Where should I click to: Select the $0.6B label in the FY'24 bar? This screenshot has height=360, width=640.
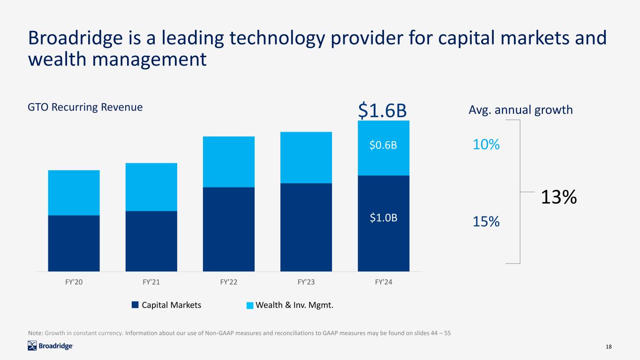(383, 145)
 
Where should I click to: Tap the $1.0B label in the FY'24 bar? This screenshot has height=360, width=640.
(383, 218)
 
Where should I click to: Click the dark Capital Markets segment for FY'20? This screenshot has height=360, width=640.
(74, 243)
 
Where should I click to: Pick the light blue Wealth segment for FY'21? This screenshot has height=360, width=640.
(151, 187)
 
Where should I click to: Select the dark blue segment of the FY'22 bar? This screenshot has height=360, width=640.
(229, 229)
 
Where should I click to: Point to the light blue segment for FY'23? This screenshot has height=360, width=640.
(306, 157)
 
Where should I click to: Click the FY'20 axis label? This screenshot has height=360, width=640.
(74, 283)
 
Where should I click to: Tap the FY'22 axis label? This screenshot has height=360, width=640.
(229, 283)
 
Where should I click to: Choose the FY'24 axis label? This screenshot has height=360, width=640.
(383, 283)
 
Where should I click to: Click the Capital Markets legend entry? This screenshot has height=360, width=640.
(166, 305)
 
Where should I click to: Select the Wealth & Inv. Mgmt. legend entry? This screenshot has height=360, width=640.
(290, 305)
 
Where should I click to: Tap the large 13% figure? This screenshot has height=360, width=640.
(558, 197)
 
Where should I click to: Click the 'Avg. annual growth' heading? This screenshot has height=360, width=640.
(520, 110)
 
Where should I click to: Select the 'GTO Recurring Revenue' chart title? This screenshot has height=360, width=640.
(85, 107)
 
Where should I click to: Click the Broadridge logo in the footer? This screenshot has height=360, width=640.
(50, 346)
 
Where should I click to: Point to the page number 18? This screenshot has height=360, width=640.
(609, 346)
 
